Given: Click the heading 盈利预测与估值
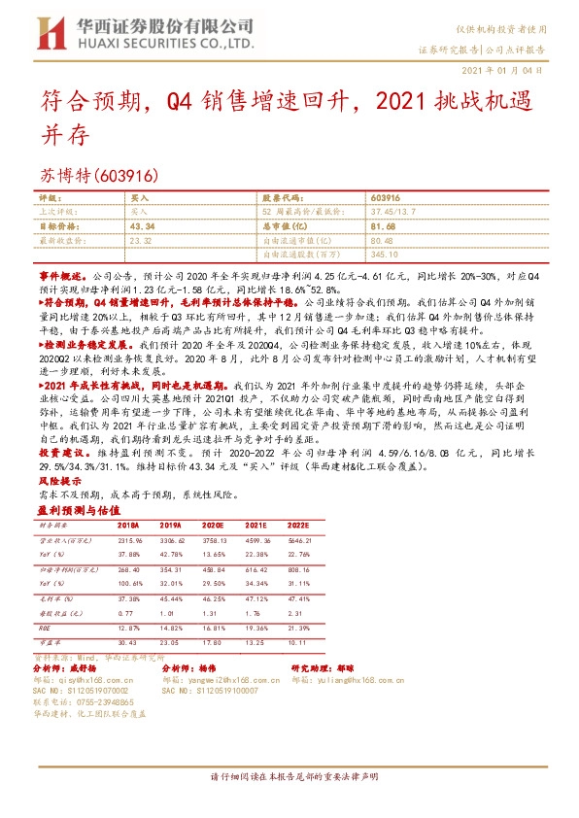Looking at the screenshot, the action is pyautogui.click(x=73, y=509).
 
